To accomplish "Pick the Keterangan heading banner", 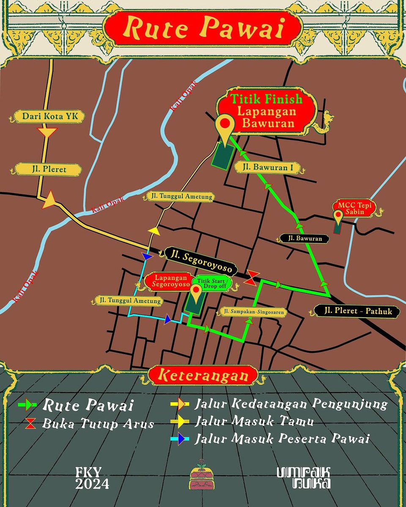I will pyautogui.click(x=203, y=375).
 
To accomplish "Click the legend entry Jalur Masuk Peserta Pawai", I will pyautogui.click(x=283, y=439).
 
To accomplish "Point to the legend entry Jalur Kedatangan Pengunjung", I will pyautogui.click(x=291, y=404).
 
